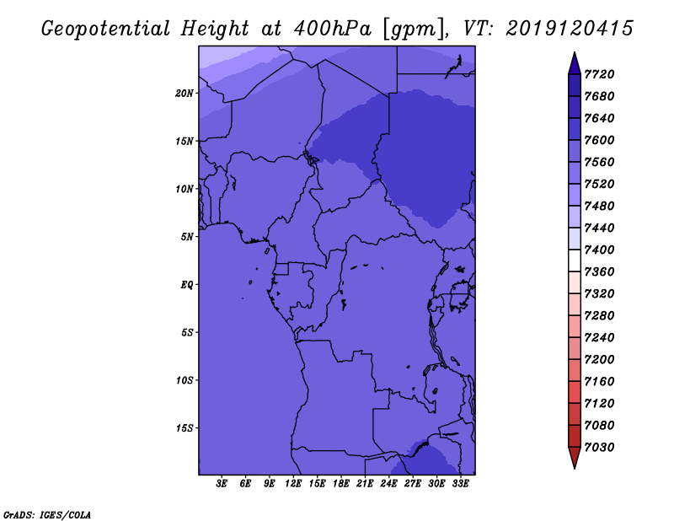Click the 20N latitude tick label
(185, 94)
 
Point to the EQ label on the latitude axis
(186, 285)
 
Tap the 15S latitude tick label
(185, 428)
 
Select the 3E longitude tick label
(222, 484)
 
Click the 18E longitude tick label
(341, 484)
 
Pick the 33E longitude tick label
(460, 484)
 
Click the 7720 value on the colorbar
(599, 74)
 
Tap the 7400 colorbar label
(599, 250)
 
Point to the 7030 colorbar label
(599, 448)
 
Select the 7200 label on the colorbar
(599, 360)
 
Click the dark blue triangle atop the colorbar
(575, 65)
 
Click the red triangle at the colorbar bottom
(575, 457)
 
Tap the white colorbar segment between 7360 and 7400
(575, 260)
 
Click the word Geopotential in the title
(105, 29)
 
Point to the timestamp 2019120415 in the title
(570, 29)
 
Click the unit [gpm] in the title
(415, 30)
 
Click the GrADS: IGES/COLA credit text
(47, 515)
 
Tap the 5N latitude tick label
(188, 237)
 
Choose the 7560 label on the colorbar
(599, 162)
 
